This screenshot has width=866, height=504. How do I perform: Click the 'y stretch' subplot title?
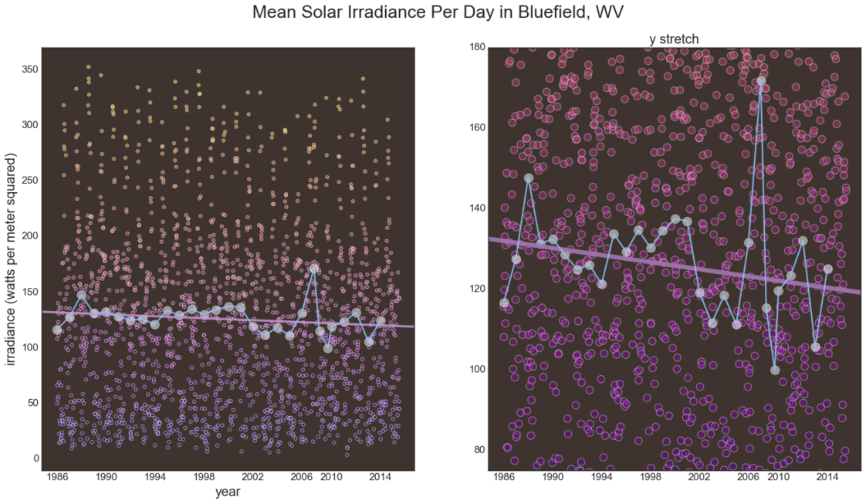point(674,39)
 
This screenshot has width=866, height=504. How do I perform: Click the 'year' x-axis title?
point(228,491)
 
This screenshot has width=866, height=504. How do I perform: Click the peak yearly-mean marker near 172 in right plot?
point(761,80)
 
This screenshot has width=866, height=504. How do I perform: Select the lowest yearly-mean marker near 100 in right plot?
point(775,370)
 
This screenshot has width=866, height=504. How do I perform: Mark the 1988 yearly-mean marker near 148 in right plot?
point(529,178)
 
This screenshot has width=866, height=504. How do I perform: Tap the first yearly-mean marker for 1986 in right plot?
point(504,303)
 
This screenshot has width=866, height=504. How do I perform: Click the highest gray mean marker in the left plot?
point(314,269)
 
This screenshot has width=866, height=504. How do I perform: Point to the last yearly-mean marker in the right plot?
point(828,269)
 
